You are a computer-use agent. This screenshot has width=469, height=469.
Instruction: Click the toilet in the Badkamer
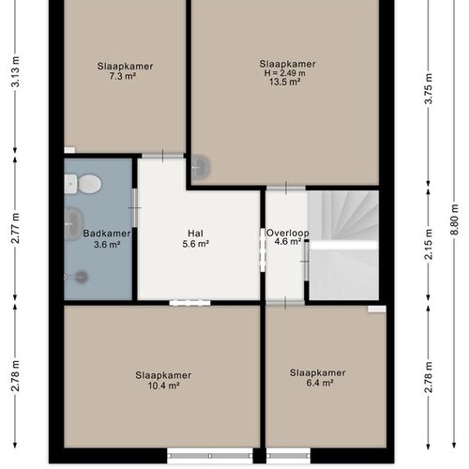(x=83, y=184)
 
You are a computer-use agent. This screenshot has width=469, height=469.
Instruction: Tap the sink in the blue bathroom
(x=74, y=223)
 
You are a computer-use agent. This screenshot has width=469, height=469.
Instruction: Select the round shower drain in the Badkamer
(x=81, y=277)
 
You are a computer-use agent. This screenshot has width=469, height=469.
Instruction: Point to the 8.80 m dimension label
(x=454, y=219)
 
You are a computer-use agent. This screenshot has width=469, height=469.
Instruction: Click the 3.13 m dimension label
(x=16, y=71)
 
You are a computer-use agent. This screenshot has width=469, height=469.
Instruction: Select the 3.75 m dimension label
(x=429, y=88)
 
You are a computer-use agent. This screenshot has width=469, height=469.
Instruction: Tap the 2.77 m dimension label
(x=16, y=228)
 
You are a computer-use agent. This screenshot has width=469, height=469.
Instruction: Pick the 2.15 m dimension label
(x=429, y=244)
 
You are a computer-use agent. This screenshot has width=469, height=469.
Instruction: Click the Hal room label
(x=195, y=234)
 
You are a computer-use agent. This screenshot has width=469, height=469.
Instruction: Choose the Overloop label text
(x=288, y=233)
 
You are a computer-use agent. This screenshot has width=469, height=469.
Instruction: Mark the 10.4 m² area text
(x=163, y=386)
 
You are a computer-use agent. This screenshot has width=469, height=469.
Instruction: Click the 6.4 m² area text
(x=320, y=383)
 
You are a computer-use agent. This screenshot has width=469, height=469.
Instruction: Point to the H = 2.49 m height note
(x=285, y=73)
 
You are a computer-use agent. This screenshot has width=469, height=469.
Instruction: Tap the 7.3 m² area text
(x=123, y=76)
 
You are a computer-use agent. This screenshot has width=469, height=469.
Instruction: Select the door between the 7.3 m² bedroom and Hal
(x=162, y=156)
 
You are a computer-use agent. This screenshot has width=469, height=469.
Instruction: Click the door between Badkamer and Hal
(x=135, y=207)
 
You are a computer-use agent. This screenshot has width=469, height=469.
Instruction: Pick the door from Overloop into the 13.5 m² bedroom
(x=286, y=188)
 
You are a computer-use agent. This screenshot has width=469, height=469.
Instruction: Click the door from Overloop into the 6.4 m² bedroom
(x=285, y=303)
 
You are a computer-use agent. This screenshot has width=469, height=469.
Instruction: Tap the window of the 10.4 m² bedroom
(x=210, y=456)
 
